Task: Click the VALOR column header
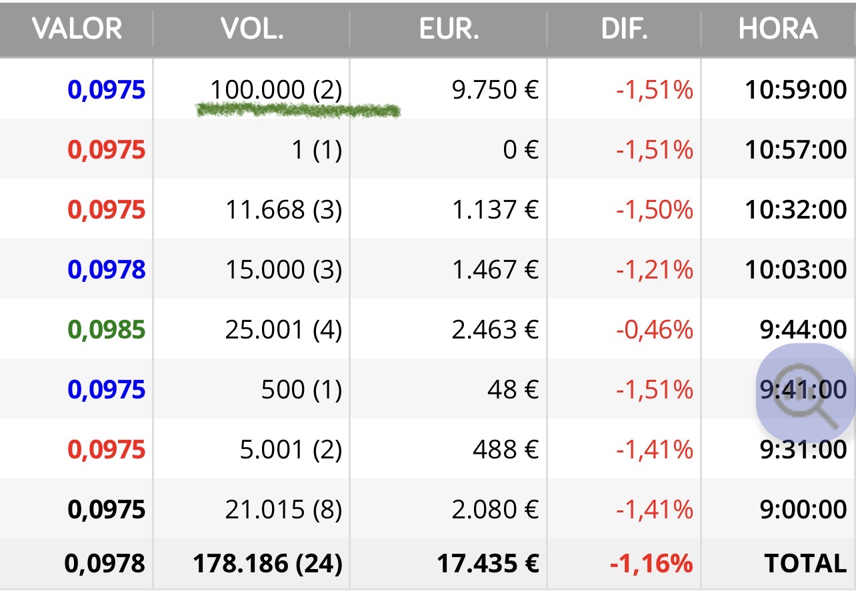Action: click(x=77, y=29)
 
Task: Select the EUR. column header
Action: click(x=449, y=29)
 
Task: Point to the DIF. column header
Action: click(x=624, y=29)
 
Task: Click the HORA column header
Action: click(x=777, y=29)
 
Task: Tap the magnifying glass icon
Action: click(x=805, y=393)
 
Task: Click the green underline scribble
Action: click(x=298, y=111)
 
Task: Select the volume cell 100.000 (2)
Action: click(x=275, y=89)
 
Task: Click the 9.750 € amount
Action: click(x=494, y=89)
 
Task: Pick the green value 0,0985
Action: click(x=106, y=329)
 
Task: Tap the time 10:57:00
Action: click(x=795, y=149)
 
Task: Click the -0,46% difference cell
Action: click(x=654, y=329)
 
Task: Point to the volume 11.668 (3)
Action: click(x=283, y=209)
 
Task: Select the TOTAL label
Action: click(x=805, y=563)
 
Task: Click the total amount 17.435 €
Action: click(x=487, y=563)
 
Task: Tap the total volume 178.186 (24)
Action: click(x=267, y=563)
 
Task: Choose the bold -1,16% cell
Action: click(x=651, y=563)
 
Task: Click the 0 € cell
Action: click(x=520, y=149)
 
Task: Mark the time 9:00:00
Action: click(x=803, y=510)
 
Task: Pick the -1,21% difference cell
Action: click(x=654, y=269)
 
